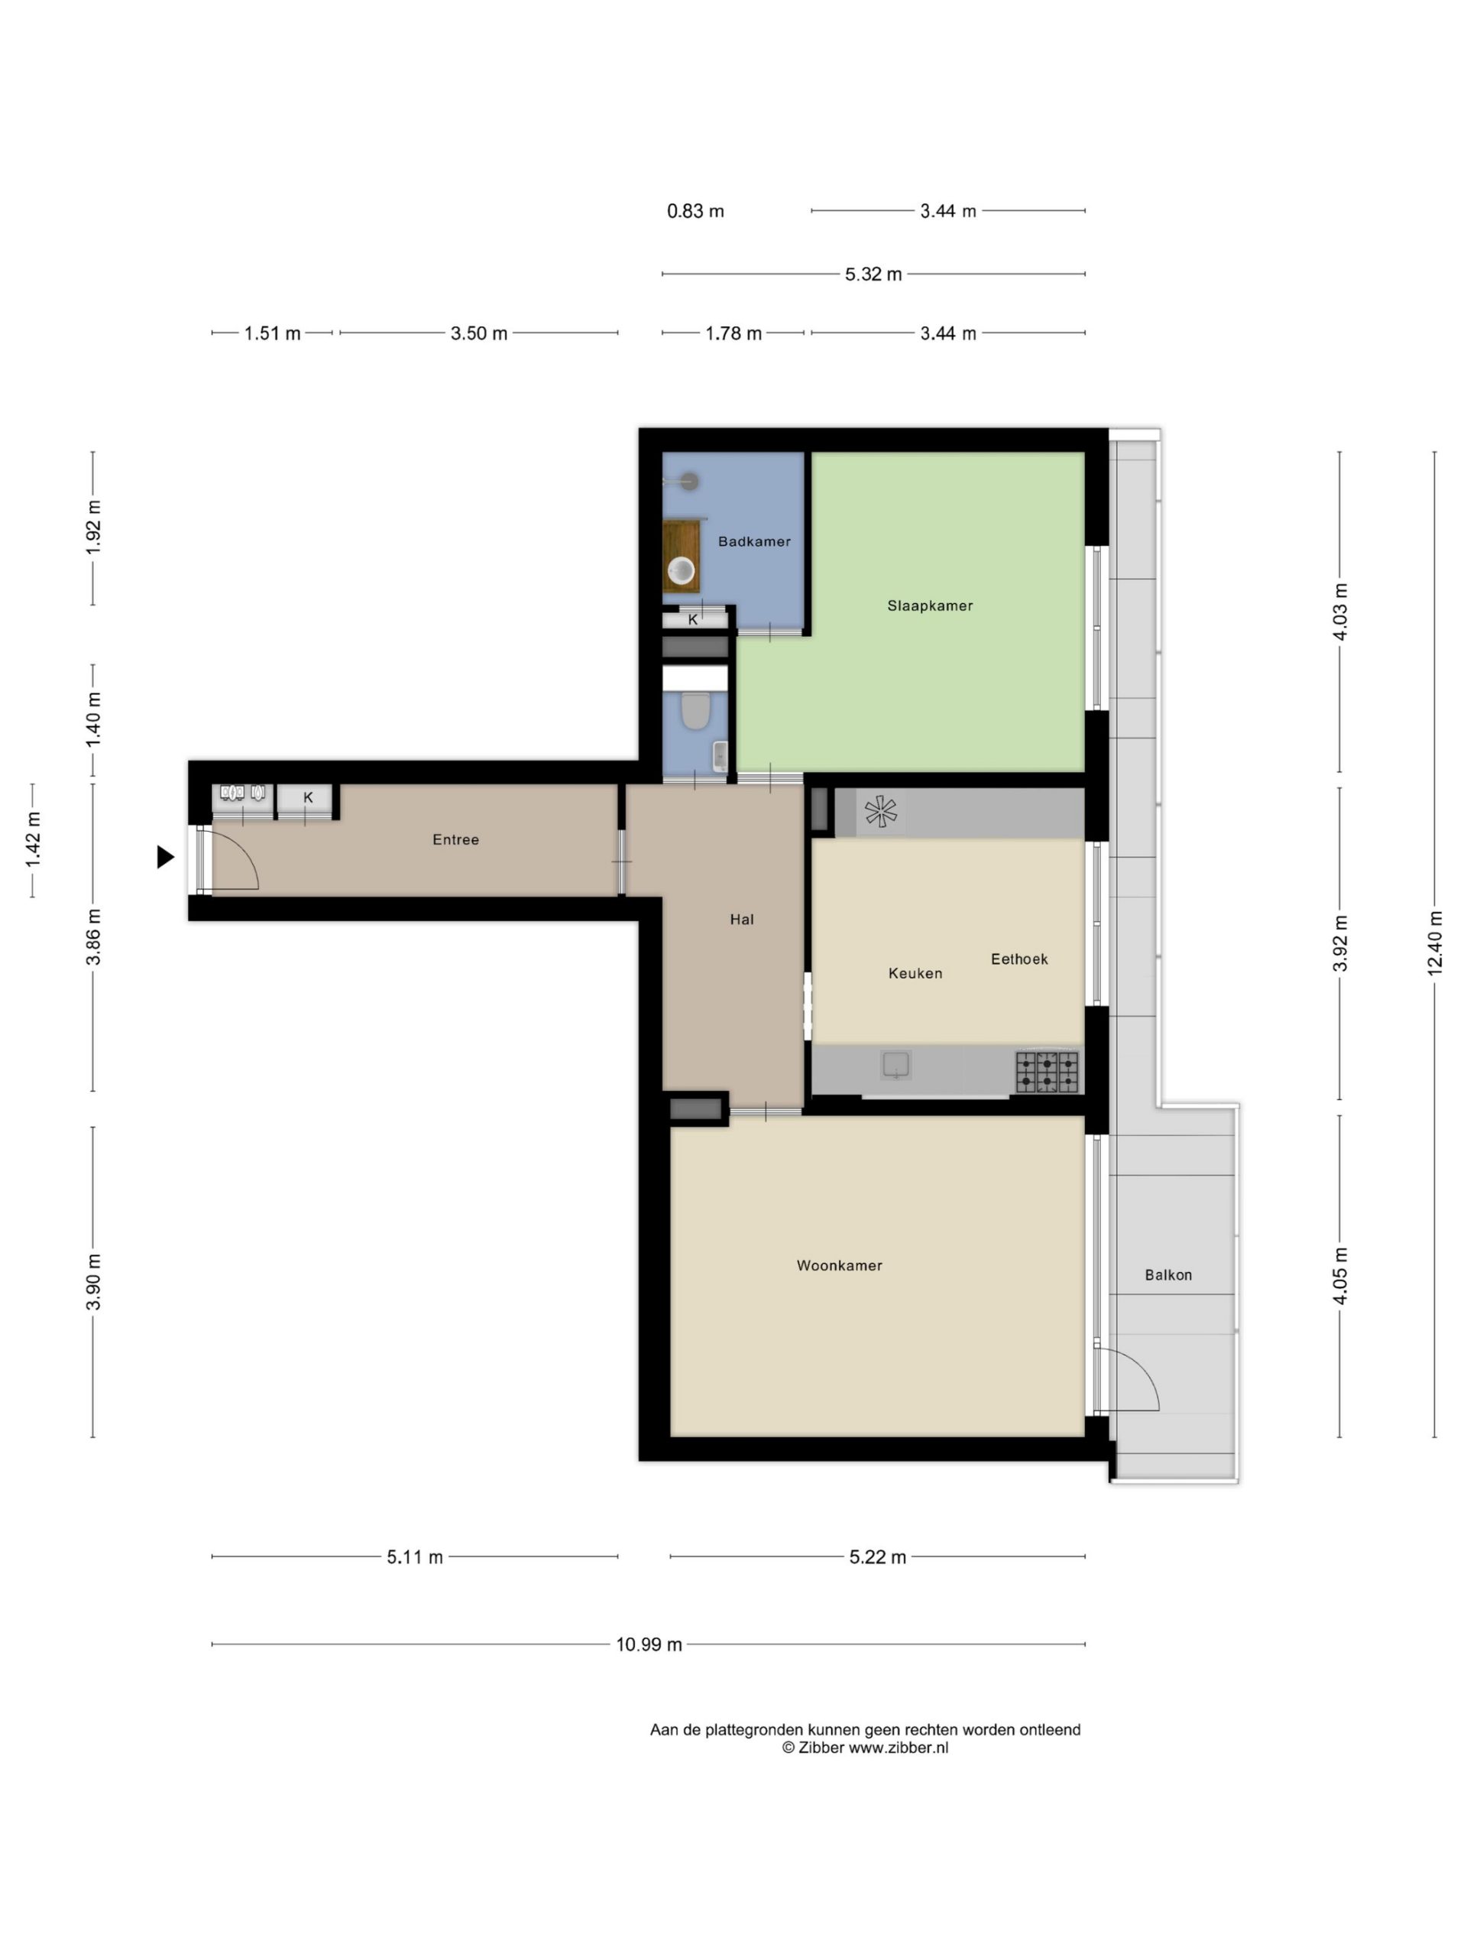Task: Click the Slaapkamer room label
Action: [929, 606]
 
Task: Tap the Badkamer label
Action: [754, 541]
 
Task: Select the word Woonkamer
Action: [839, 1266]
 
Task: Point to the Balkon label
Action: [1168, 1275]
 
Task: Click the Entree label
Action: [455, 839]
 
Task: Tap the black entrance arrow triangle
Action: [165, 856]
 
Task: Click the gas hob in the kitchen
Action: [1047, 1072]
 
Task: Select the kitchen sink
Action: [895, 1064]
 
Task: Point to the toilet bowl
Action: [696, 710]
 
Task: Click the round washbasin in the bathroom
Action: [681, 570]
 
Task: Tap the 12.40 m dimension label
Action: [1434, 943]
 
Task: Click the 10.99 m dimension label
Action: [649, 1644]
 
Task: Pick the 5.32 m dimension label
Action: [873, 274]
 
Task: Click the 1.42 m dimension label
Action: [33, 840]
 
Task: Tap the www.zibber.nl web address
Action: [899, 1748]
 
